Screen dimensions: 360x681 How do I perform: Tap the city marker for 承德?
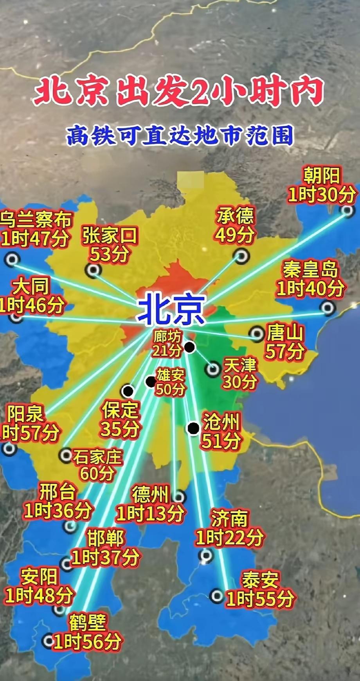coord(241,256)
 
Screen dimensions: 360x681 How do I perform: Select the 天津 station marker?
coord(213,369)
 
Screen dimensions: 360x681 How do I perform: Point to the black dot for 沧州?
coord(193,428)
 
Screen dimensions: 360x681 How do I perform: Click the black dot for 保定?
coord(128,391)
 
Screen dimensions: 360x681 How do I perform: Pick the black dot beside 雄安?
coord(150,382)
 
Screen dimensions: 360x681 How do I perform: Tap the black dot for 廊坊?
coord(190,347)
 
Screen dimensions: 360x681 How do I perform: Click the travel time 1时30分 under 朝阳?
coord(322,195)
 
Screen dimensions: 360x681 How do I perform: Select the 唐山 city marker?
coord(257,334)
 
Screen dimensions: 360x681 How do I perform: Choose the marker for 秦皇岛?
coord(328,308)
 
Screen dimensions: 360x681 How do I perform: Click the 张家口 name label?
coord(110,236)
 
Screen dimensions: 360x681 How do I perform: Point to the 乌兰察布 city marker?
coord(13,259)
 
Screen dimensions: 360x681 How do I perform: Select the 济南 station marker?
coord(205,555)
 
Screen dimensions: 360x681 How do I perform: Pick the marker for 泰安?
coord(216,596)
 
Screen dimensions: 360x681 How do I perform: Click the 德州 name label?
coord(150,495)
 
